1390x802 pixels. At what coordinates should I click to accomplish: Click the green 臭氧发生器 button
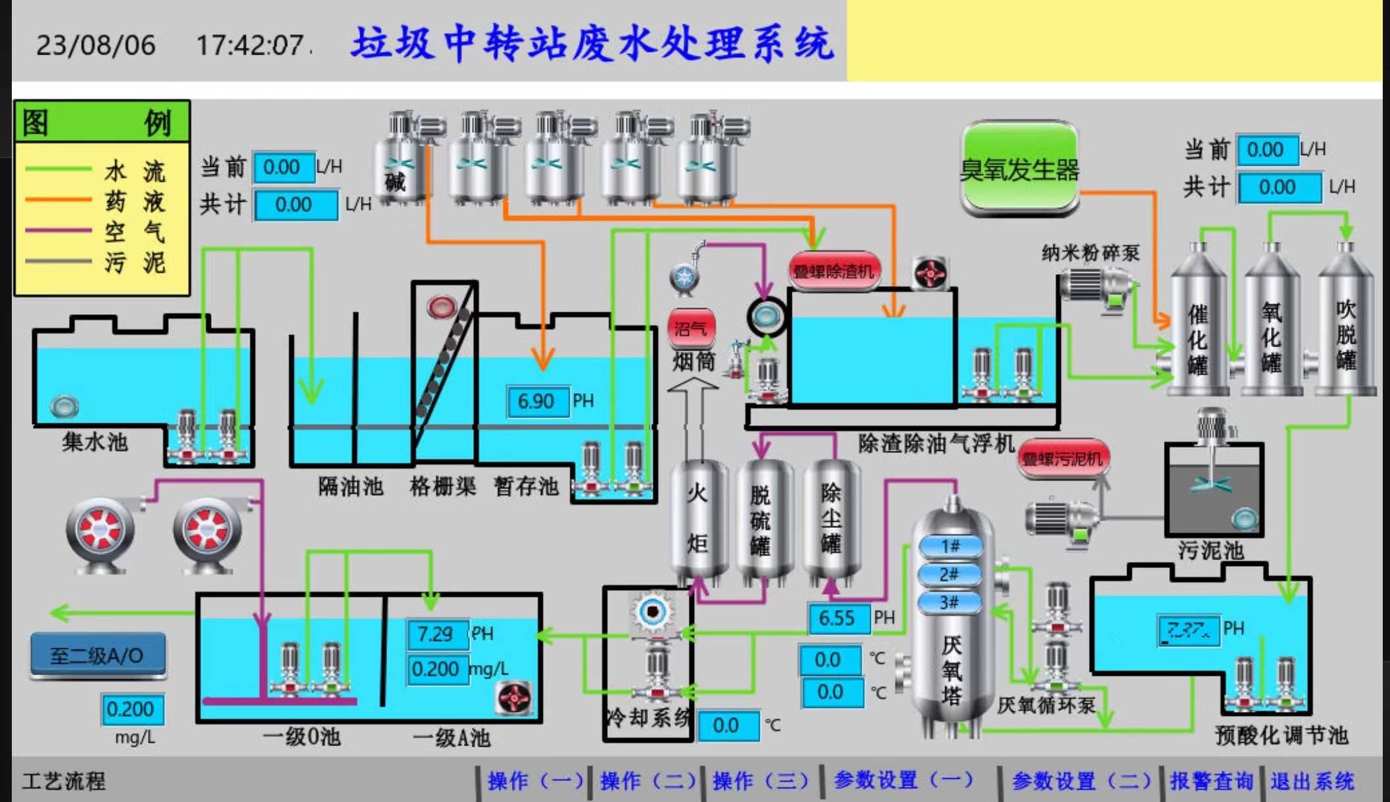[1019, 169]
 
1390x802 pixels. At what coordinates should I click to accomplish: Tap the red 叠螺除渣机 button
[833, 270]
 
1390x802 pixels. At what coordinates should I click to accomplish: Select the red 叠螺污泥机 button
[1063, 458]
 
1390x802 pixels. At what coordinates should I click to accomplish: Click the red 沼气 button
[691, 327]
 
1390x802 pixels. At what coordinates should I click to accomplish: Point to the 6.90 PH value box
[537, 401]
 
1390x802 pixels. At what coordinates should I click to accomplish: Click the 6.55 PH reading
[837, 618]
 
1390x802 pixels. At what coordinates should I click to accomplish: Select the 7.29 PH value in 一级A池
[436, 634]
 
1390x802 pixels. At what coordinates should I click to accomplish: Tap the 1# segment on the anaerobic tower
[950, 546]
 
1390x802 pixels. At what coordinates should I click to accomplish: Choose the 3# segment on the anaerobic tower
[949, 602]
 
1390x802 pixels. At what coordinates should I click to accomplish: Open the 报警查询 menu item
[1211, 780]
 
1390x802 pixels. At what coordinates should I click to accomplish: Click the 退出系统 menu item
[1312, 780]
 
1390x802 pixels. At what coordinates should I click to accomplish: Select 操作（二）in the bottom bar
[648, 780]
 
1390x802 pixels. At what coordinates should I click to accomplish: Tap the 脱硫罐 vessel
[761, 519]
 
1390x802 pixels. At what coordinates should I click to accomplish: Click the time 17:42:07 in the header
[250, 45]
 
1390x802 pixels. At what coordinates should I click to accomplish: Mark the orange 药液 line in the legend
[58, 199]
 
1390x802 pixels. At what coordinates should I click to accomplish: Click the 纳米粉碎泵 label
[1090, 252]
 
